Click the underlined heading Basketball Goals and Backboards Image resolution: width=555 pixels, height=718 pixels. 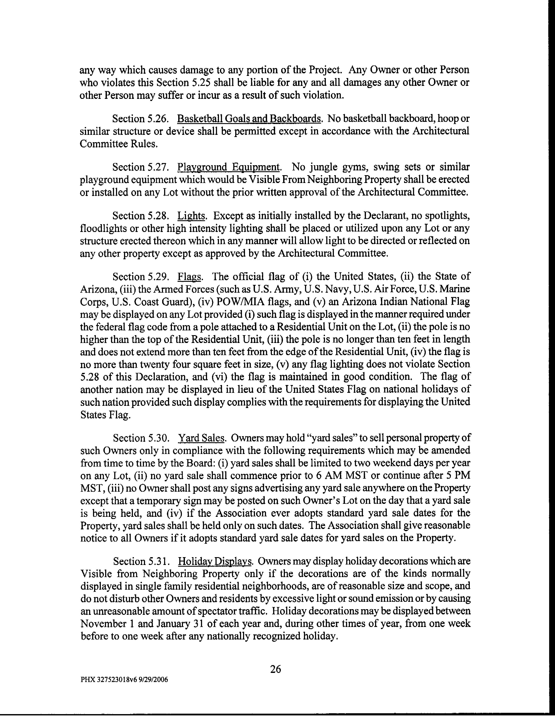coord(249,118)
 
